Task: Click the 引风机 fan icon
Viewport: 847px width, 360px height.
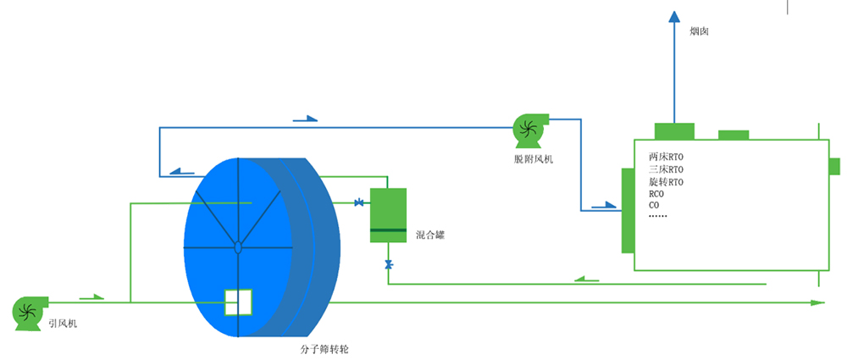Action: [x=26, y=311]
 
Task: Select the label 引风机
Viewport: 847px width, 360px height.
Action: [x=61, y=324]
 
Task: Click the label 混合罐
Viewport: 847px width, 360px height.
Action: [x=430, y=235]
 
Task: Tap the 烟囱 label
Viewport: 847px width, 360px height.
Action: [x=700, y=31]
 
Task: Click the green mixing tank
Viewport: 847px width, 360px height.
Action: [x=388, y=215]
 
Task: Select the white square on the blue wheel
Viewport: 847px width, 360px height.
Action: [x=238, y=302]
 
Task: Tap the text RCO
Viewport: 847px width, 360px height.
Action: [x=656, y=194]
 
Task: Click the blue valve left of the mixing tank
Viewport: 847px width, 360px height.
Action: [x=359, y=202]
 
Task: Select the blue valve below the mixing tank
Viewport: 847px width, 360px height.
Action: [x=388, y=265]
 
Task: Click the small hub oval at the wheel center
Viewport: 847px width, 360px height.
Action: [x=238, y=247]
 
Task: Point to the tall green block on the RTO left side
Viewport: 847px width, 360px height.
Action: [x=628, y=210]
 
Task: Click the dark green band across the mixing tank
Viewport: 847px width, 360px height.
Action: [x=388, y=230]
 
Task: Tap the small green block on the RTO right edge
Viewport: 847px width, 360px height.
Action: [x=833, y=166]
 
